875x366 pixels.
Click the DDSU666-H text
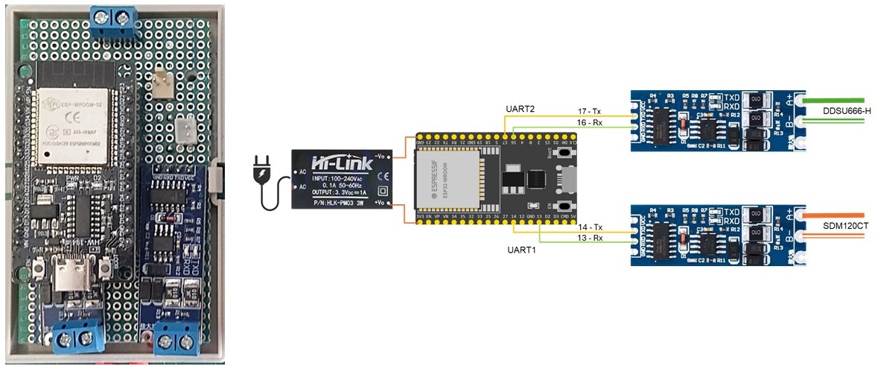click(x=847, y=112)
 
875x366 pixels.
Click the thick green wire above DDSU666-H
click(x=833, y=100)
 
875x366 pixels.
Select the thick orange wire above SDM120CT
click(x=833, y=215)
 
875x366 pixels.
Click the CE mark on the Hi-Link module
click(x=384, y=176)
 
